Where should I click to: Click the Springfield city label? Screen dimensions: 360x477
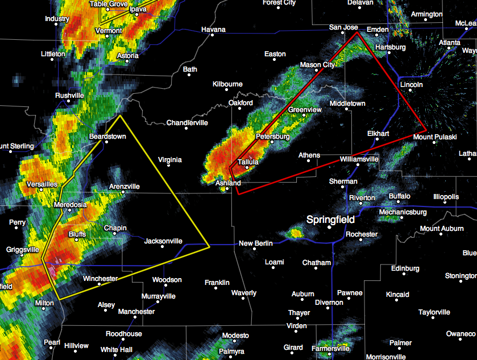point(330,220)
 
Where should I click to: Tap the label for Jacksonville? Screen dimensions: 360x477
point(163,241)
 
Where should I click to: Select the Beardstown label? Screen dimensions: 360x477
point(107,137)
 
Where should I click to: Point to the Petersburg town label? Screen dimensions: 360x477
point(273,137)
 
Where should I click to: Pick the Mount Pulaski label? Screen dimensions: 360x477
point(434,137)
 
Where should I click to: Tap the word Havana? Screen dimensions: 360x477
point(213,30)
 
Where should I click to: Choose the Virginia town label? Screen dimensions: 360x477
point(169,160)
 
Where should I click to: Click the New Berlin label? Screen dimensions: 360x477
point(255,243)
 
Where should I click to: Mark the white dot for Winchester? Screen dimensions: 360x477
point(99,284)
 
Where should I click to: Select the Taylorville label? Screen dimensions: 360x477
point(434,312)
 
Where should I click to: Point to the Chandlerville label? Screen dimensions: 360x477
point(187,123)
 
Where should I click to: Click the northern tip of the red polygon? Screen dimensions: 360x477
point(357,32)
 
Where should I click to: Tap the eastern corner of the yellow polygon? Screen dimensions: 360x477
point(209,246)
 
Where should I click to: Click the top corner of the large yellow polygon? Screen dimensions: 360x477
point(121,116)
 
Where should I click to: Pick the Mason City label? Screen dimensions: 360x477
point(317,65)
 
